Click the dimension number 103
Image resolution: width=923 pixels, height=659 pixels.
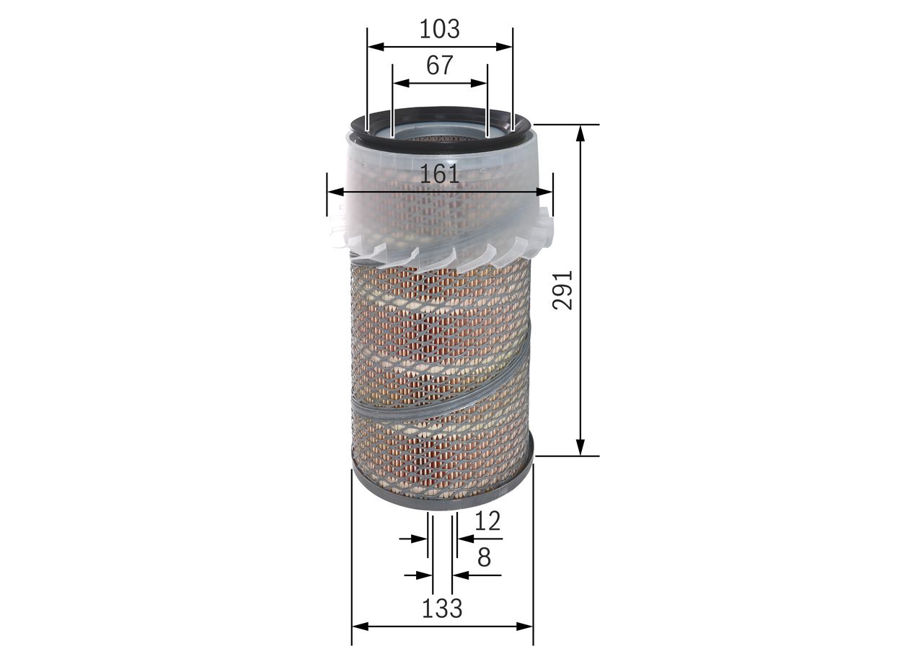point(439,30)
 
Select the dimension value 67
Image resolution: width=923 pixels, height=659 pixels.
point(440,66)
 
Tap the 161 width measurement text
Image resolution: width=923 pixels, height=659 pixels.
point(440,174)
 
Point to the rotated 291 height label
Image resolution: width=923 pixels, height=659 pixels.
point(562,290)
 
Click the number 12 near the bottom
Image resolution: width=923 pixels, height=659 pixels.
point(487,521)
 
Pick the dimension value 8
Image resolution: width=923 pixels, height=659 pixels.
point(484,557)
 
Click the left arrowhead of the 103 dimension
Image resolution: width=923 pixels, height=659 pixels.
point(376,47)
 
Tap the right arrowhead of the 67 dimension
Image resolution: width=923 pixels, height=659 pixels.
point(479,83)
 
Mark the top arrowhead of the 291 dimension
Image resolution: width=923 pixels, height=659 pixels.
point(580,133)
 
